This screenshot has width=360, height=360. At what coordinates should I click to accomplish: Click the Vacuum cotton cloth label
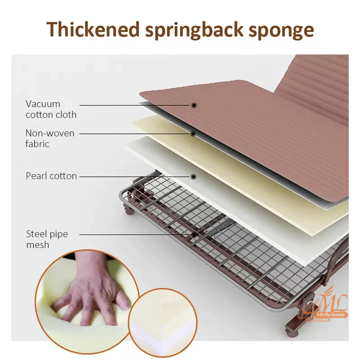tap(51, 109)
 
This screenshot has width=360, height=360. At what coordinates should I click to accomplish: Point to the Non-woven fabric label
tap(49, 139)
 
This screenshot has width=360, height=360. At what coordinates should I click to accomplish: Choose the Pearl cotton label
tap(51, 176)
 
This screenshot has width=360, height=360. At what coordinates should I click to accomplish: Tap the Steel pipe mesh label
tap(47, 239)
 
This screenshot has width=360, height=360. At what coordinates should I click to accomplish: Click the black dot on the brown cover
tap(194, 105)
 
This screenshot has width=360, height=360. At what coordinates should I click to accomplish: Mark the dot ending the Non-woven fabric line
tap(193, 133)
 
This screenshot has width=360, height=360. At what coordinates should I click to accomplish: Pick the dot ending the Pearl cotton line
tap(193, 176)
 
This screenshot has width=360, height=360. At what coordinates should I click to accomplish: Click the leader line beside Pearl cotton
tap(135, 176)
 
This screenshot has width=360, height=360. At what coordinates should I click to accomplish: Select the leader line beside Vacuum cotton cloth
tap(135, 105)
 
